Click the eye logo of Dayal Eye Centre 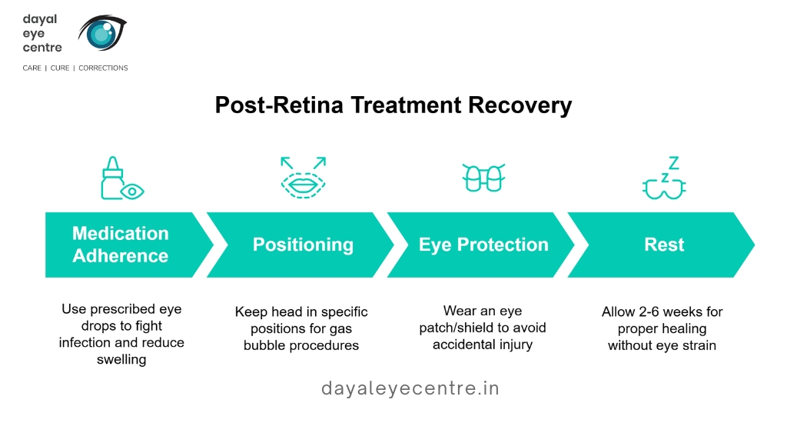(102, 32)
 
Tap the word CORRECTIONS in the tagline (103, 68)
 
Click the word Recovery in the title (520, 105)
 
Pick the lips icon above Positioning (303, 178)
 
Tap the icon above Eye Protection (483, 178)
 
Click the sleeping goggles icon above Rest (664, 178)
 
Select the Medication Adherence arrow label (121, 245)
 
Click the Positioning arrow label (303, 245)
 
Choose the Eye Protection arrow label (483, 245)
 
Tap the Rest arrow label (664, 245)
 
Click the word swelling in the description (121, 360)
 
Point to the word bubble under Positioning (264, 345)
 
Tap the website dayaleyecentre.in (410, 388)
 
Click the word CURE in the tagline (60, 68)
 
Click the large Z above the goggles (673, 163)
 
